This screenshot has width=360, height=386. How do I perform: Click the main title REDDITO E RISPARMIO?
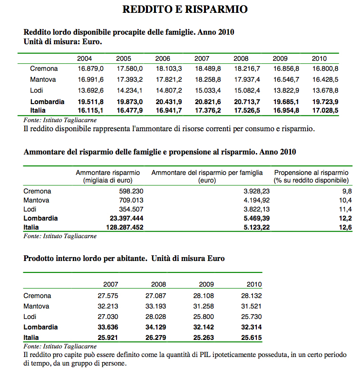click(185, 9)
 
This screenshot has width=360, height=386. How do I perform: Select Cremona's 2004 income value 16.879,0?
click(90, 68)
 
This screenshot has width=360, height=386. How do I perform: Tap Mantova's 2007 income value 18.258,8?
click(208, 79)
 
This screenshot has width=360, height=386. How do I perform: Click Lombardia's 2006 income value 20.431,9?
click(169, 102)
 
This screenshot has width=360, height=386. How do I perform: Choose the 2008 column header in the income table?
click(241, 58)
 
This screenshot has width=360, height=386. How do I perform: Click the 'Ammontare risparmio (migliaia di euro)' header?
click(108, 176)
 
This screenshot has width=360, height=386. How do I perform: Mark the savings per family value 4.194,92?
click(256, 200)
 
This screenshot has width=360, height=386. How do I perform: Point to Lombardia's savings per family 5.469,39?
click(256, 218)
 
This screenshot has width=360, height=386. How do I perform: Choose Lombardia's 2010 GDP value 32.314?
click(252, 327)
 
